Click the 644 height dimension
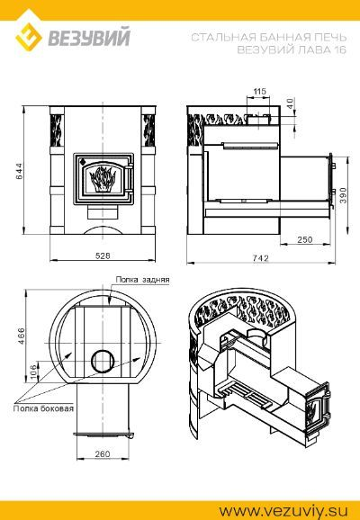tap(20, 171)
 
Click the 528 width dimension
tap(103, 256)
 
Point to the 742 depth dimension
tap(260, 258)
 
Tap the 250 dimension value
tap(304, 239)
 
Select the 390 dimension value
tap(343, 195)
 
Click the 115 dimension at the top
tap(260, 91)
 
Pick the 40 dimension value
tap(290, 103)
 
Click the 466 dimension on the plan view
tap(21, 336)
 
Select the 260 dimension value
tap(103, 453)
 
